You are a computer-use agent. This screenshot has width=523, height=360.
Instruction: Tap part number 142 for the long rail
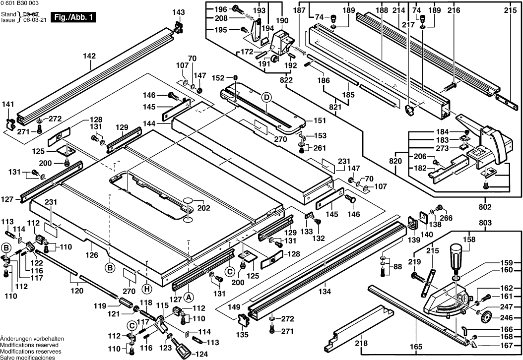[x=89, y=57]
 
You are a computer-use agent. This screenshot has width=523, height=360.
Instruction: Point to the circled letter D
[x=266, y=98]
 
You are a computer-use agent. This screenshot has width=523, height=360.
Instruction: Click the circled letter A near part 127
[x=188, y=298]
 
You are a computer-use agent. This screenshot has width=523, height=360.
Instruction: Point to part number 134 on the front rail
[x=325, y=291]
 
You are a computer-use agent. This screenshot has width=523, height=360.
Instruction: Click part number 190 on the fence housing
[x=282, y=20]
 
